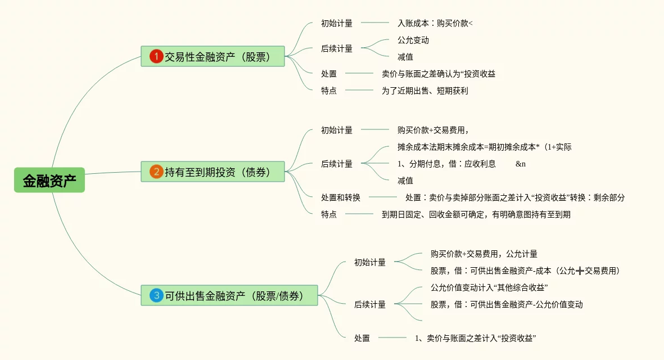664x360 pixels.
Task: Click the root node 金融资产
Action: tap(49, 180)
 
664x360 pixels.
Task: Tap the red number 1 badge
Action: tap(156, 56)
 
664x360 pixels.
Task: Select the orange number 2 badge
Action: tap(156, 172)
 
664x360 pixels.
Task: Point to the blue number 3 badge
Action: tap(156, 295)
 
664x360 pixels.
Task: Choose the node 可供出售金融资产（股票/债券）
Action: tap(229, 295)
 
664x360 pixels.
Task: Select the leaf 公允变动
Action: tap(413, 40)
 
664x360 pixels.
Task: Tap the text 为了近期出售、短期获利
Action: tap(424, 91)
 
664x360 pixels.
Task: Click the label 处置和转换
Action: tap(341, 197)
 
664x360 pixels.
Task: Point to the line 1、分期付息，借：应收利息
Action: tap(446, 164)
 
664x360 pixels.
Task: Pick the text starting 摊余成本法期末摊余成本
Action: tap(484, 147)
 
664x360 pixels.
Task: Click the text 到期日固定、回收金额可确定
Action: tap(476, 214)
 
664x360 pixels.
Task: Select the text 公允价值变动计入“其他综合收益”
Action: tap(489, 287)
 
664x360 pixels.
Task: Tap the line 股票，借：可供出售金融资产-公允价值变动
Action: tap(506, 304)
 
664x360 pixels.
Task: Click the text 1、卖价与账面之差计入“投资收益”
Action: tap(475, 338)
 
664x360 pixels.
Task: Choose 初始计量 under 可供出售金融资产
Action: tap(370, 262)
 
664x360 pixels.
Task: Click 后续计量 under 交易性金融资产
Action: tap(337, 48)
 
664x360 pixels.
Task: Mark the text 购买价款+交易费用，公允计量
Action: tap(484, 254)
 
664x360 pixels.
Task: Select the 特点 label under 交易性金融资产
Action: tap(329, 91)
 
